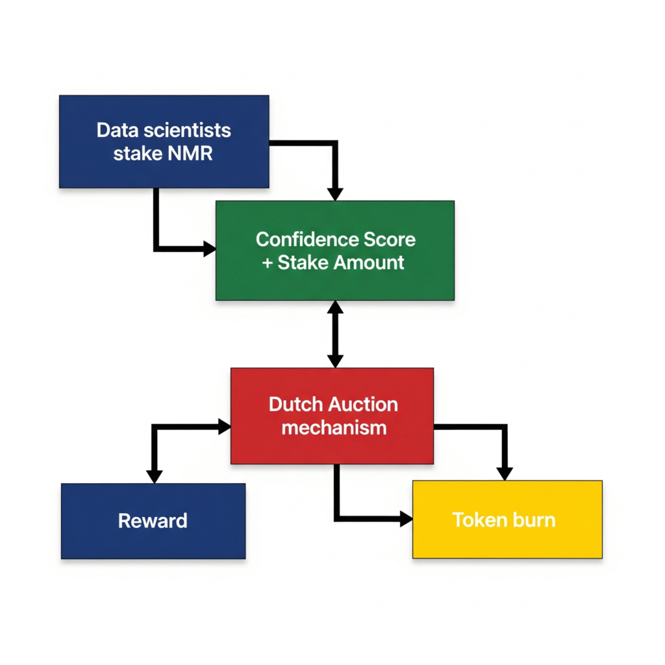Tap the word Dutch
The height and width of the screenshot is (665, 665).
pos(295,404)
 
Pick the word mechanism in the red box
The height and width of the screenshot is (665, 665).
pos(334,427)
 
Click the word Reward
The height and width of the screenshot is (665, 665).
pos(153,520)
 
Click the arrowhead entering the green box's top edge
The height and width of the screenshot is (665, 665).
pos(334,194)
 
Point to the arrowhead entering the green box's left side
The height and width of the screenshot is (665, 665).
pos(209,248)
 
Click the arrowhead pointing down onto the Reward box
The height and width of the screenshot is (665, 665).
pos(154,476)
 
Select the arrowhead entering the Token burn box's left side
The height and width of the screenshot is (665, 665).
pos(406,518)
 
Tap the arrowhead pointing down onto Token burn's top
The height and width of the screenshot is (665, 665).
pos(505,473)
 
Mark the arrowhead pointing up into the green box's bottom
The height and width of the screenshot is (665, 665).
pos(335,308)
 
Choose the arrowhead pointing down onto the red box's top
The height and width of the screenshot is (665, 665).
pos(335,360)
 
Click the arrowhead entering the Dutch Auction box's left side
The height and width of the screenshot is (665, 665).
pos(224,427)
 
